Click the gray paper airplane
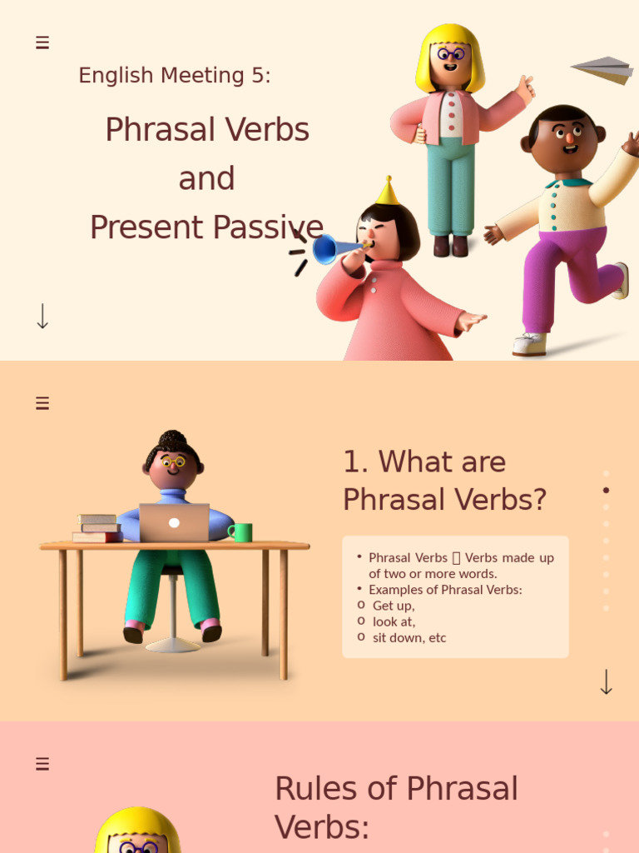[x=603, y=70]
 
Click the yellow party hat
[x=386, y=192]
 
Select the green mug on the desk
[x=240, y=532]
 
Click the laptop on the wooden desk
[x=174, y=522]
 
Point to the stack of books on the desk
[x=97, y=528]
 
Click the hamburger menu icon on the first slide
[x=42, y=42]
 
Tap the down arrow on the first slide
[x=42, y=316]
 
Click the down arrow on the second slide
[x=606, y=681]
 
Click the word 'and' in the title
[x=206, y=178]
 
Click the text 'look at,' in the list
[x=394, y=621]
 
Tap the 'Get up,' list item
[x=394, y=606]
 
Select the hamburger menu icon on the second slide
[x=42, y=403]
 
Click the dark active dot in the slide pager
[x=606, y=490]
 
